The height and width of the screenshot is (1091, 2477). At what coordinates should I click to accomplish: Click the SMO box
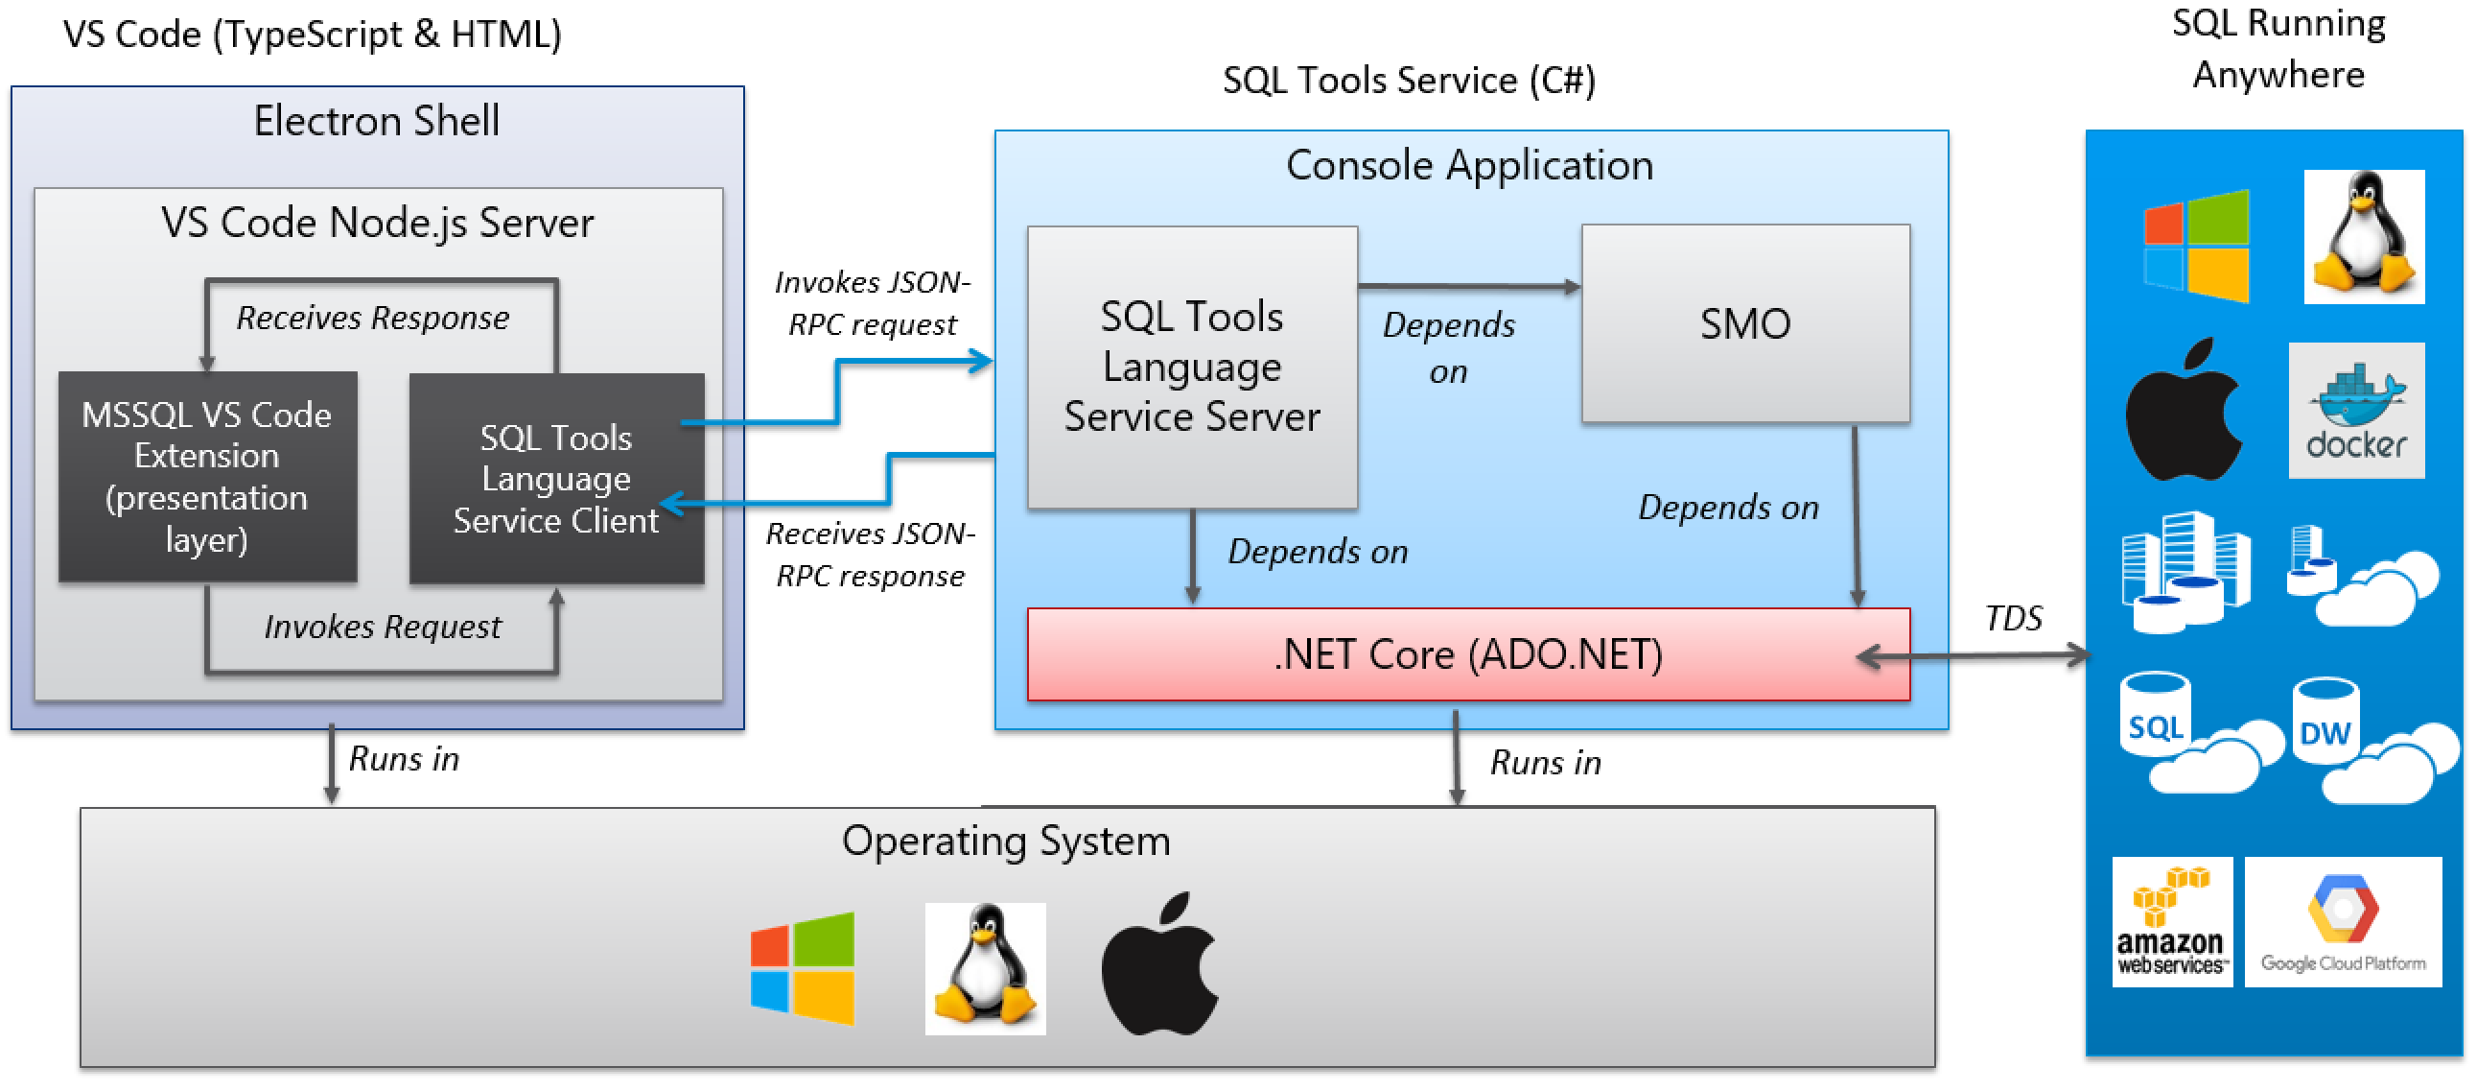[1744, 323]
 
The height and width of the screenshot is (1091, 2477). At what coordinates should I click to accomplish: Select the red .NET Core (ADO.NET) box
[1467, 654]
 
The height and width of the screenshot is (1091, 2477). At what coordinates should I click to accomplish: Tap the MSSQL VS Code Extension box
[207, 477]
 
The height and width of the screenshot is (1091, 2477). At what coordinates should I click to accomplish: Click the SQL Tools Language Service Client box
[556, 479]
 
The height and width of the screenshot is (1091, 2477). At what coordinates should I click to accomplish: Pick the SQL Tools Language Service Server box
[1191, 367]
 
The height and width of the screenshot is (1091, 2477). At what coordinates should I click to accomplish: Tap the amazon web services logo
[2170, 922]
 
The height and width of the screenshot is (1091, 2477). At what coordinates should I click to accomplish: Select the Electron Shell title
[376, 121]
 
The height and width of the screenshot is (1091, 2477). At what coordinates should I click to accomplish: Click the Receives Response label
[372, 318]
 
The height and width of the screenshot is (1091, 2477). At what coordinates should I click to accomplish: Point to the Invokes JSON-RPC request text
[871, 303]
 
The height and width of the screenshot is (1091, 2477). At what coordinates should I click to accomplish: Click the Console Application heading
[1468, 165]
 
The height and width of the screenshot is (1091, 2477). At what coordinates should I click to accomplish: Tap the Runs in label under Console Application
[1544, 763]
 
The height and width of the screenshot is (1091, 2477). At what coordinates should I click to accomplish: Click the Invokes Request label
[382, 628]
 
